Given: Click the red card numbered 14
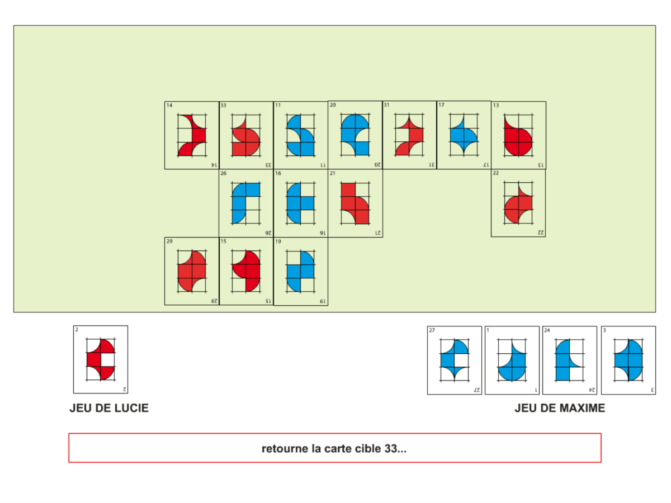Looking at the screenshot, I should [x=192, y=135].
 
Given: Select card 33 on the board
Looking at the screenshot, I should [x=246, y=135].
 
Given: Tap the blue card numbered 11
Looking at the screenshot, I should [x=300, y=135].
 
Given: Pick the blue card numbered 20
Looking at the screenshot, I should [x=355, y=135].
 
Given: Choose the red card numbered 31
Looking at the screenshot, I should [x=409, y=135].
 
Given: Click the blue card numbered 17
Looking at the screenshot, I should [x=464, y=135].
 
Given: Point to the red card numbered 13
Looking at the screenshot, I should [x=518, y=135].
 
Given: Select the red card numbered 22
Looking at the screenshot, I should [x=518, y=203].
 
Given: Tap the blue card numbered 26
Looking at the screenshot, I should [x=246, y=203].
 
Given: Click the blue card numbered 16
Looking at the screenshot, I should [x=300, y=203].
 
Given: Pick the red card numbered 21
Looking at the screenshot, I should [x=355, y=203].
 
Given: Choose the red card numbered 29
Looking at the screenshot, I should [x=192, y=271].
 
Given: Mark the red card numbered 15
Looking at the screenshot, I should [x=246, y=271].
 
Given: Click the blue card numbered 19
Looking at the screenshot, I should [x=300, y=271].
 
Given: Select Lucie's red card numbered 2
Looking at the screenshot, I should [x=101, y=359].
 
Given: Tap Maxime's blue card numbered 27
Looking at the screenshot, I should [x=454, y=360].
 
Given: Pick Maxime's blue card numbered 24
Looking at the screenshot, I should [x=569, y=360].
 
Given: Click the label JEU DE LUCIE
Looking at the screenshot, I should [x=109, y=409].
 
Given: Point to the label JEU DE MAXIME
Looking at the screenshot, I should [x=560, y=409].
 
